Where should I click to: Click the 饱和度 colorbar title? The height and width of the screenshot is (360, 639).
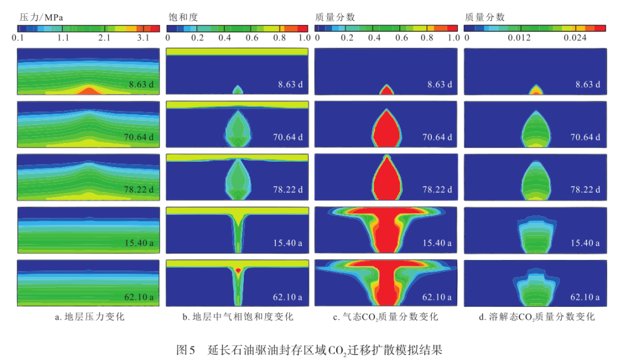pyautogui.click(x=180, y=17)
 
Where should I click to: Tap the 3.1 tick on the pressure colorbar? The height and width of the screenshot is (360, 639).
pyautogui.click(x=143, y=38)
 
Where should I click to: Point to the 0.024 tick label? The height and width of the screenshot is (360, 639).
pyautogui.click(x=575, y=38)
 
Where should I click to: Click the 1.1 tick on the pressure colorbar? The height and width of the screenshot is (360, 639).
pyautogui.click(x=63, y=38)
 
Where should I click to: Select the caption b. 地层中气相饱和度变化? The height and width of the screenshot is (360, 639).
pyautogui.click(x=237, y=317)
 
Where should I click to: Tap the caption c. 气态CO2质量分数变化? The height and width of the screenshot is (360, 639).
pyautogui.click(x=385, y=317)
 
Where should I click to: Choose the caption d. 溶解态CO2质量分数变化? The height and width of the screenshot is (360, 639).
pyautogui.click(x=535, y=317)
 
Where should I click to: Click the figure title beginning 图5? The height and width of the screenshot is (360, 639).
pyautogui.click(x=309, y=349)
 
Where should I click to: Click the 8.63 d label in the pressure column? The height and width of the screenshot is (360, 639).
pyautogui.click(x=141, y=84)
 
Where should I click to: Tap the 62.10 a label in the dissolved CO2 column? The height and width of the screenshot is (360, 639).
pyautogui.click(x=585, y=297)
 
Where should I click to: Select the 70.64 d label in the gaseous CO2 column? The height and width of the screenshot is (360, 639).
pyautogui.click(x=437, y=137)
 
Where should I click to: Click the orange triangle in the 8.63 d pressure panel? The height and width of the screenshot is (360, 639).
pyautogui.click(x=89, y=91)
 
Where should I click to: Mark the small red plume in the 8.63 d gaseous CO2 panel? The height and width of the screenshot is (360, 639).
pyautogui.click(x=386, y=91)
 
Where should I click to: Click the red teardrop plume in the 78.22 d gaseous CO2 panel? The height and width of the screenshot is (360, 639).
pyautogui.click(x=386, y=181)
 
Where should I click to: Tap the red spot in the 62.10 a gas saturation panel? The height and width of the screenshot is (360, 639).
pyautogui.click(x=238, y=269)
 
